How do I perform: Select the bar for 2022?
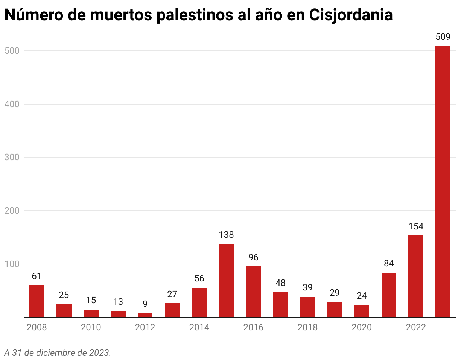416,276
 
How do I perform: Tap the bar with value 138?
226,280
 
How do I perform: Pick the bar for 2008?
37,301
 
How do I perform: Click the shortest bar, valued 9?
145,315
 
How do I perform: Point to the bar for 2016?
253,292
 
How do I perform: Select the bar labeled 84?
389,295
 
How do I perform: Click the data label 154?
416,226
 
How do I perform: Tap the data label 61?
37,276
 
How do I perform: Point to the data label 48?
280,283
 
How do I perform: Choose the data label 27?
172,294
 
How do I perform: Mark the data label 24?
362,296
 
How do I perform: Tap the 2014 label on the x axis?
199,327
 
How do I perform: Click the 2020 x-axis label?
362,327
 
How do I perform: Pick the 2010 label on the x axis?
91,327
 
